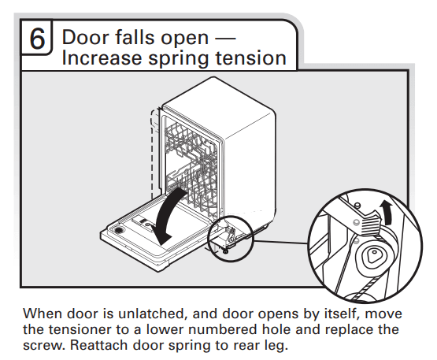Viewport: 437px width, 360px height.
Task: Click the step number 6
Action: [x=37, y=39]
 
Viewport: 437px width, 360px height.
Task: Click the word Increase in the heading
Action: [x=102, y=58]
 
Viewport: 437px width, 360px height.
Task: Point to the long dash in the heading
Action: [x=225, y=38]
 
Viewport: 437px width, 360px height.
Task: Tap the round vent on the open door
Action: [x=119, y=230]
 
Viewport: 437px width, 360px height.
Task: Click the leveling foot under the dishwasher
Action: [x=225, y=251]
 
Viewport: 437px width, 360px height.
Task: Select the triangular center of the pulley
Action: [x=372, y=255]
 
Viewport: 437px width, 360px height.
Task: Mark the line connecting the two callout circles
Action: [x=281, y=243]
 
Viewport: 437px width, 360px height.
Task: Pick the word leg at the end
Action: [x=276, y=346]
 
